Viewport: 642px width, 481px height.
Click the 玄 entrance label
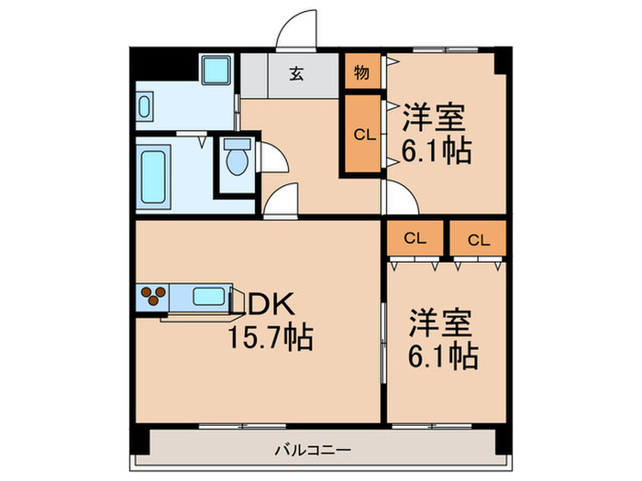(x=295, y=74)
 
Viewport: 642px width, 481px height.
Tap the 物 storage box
(x=361, y=74)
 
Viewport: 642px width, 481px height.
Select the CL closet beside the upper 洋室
(x=363, y=136)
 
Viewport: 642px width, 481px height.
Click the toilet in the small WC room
(x=237, y=161)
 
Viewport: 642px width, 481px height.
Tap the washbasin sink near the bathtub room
(x=148, y=106)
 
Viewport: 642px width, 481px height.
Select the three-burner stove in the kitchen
(x=152, y=295)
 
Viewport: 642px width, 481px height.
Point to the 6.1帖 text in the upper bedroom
(x=437, y=149)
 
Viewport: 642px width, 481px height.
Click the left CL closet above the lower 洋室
(x=415, y=239)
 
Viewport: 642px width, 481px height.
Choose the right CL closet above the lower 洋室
(x=478, y=239)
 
